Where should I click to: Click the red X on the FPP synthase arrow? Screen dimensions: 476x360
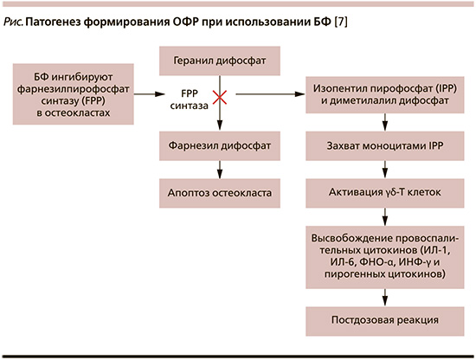coord(220,98)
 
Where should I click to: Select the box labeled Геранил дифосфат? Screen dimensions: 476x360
coord(220,61)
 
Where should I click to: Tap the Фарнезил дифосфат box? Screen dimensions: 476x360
coord(220,145)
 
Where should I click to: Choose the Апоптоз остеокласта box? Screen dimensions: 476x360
coord(220,193)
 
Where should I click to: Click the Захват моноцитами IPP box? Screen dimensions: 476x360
coord(384,145)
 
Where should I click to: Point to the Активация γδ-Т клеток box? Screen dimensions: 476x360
coord(384,193)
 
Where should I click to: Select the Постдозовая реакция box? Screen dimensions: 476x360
coord(384,321)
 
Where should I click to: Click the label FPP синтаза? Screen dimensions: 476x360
coord(190,100)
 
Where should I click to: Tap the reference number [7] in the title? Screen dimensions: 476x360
coord(341,22)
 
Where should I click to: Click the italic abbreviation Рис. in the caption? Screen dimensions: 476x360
coord(13,22)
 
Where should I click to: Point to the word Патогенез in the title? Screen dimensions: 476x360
coord(53,22)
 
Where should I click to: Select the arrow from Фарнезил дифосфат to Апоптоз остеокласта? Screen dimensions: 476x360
coord(220,170)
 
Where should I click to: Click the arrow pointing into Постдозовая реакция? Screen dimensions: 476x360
coord(384,298)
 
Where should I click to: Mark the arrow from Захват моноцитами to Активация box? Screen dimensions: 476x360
coord(384,170)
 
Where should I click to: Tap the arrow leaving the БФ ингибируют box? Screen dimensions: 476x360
coord(150,94)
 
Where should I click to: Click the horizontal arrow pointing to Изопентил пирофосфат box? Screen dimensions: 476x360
coord(271,94)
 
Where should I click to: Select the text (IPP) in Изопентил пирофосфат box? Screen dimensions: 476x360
coord(446,88)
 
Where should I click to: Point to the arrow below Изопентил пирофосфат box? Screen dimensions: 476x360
coord(384,122)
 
